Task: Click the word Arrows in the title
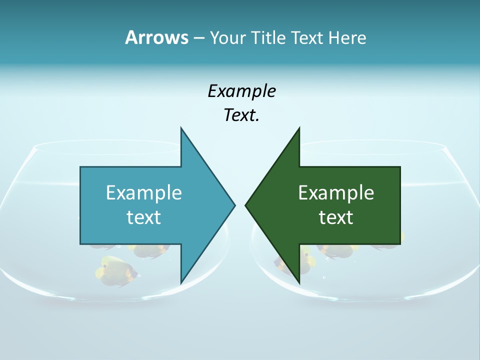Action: coord(156,37)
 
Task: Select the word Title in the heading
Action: coord(270,37)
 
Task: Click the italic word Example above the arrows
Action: coord(241,91)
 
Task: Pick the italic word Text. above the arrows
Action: coord(241,115)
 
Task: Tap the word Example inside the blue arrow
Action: coord(144,192)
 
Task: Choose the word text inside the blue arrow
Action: coord(144,217)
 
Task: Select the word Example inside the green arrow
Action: coord(336,192)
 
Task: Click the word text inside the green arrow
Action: coord(336,217)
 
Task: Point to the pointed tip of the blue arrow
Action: coord(234,204)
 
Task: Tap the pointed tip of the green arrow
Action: coord(245,204)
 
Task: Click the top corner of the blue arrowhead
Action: coord(181,128)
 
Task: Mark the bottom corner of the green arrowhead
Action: coord(299,282)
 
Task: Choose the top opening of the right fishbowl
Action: coord(372,146)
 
